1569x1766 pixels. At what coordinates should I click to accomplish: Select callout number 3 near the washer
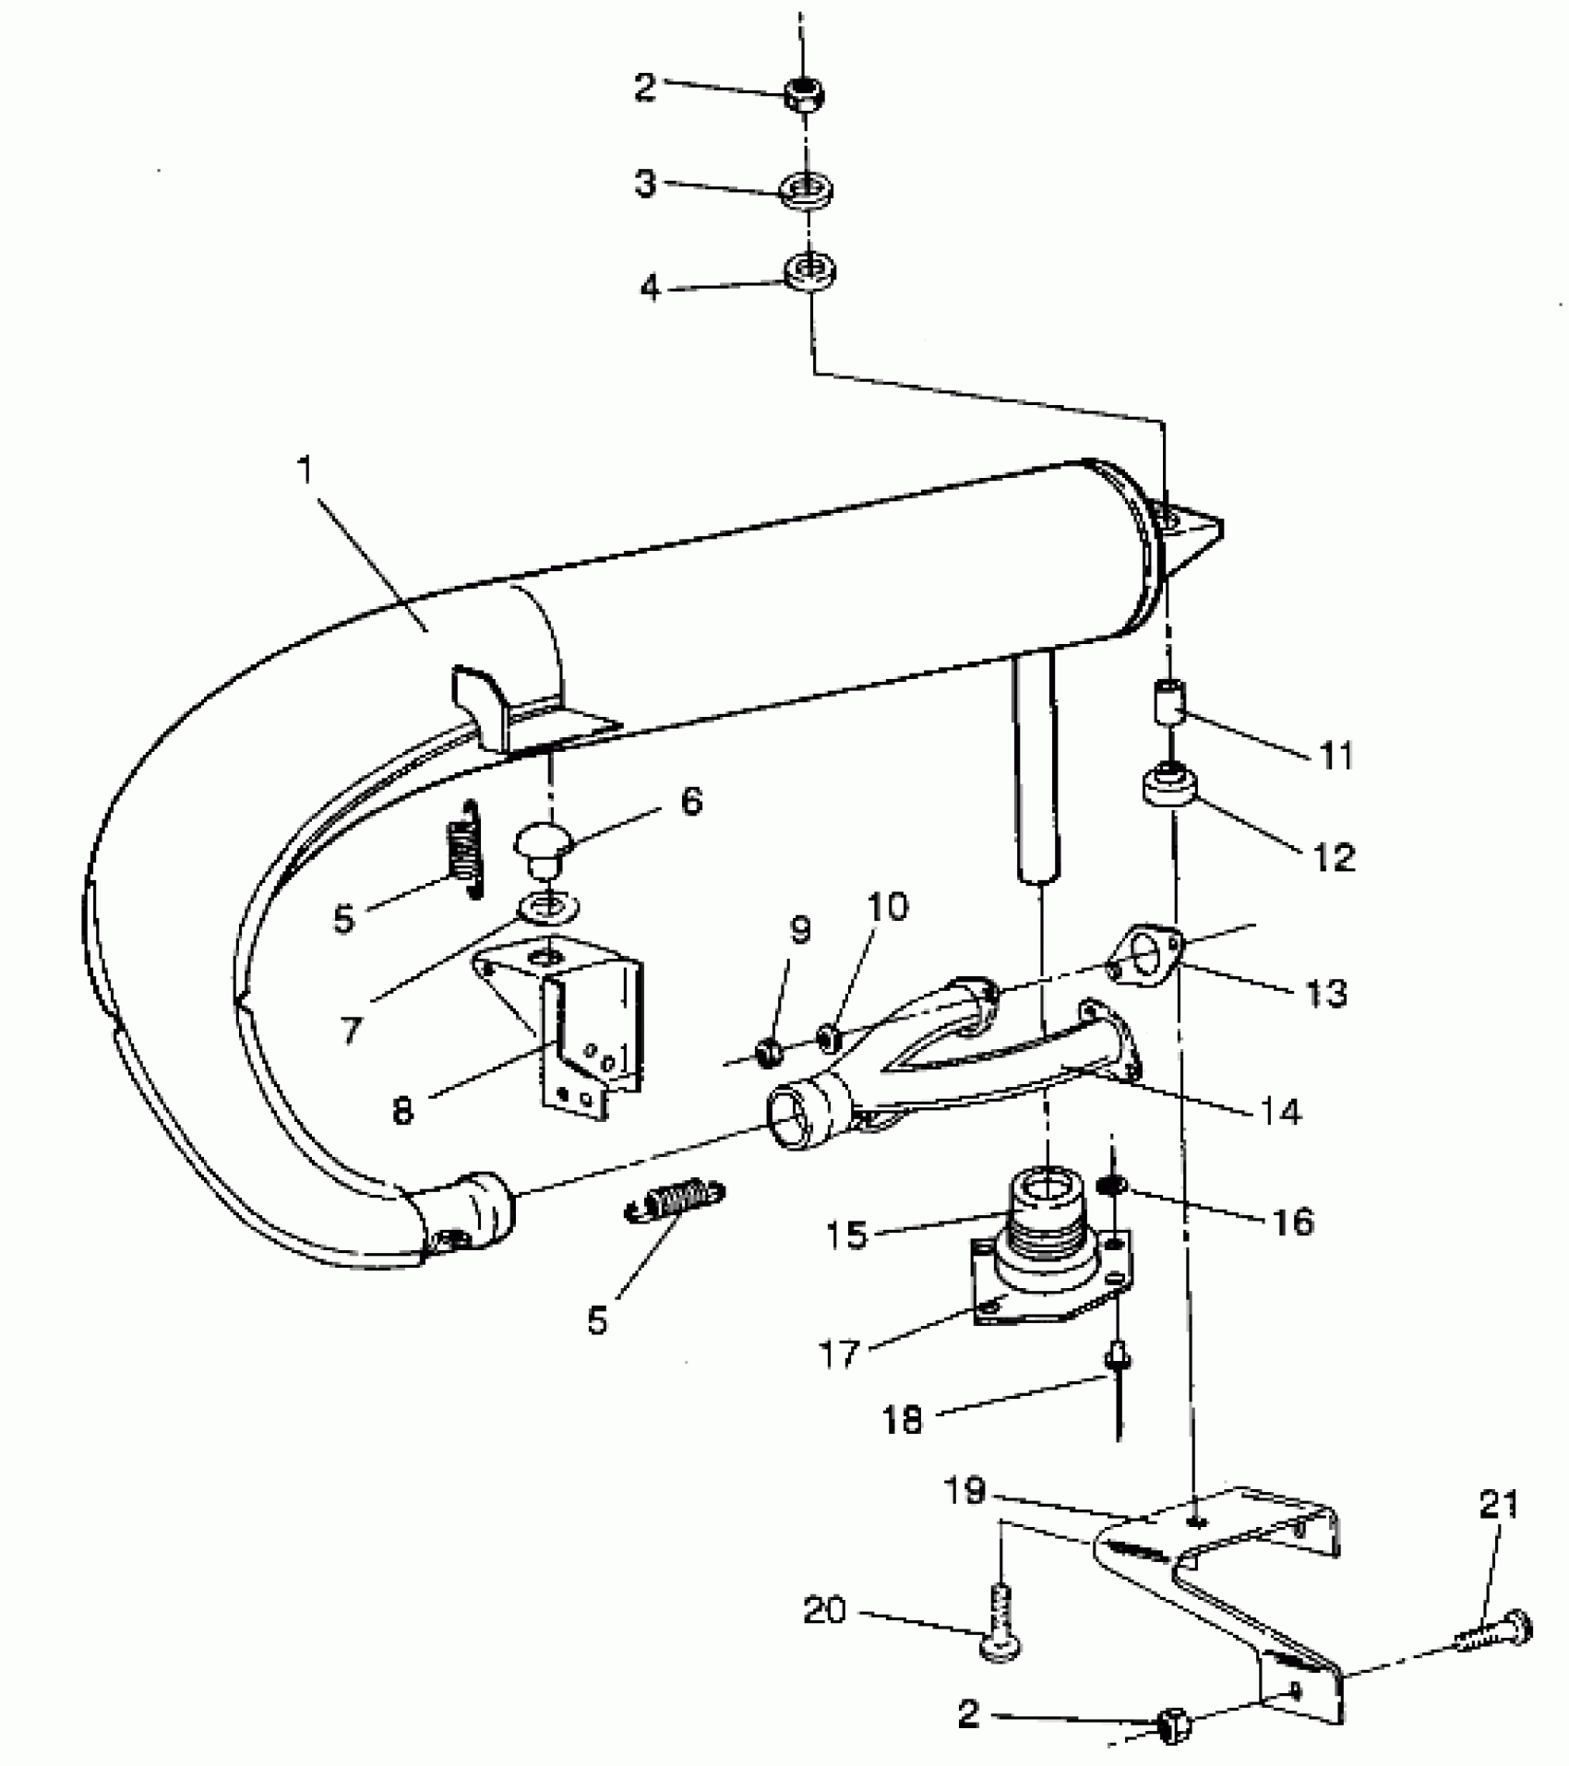(x=645, y=182)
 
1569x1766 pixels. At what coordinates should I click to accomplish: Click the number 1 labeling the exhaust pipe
(x=305, y=471)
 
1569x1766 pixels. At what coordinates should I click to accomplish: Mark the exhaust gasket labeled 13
(x=1145, y=955)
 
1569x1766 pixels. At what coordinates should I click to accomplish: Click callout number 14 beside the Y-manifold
(x=1279, y=1112)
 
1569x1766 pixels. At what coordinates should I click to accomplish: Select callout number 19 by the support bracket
(x=965, y=1491)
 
